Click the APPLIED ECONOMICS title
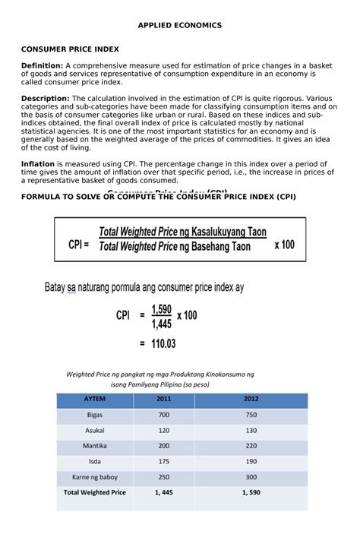coord(180,25)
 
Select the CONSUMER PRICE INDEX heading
coord(70,49)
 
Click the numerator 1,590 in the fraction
coord(161,308)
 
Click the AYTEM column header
coord(95,400)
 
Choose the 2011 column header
coord(164,400)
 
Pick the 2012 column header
coord(251,400)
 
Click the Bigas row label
coord(95,415)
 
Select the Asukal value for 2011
coord(164,430)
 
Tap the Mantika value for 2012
coord(251,446)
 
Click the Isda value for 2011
coord(164,461)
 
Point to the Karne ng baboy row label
coord(95,477)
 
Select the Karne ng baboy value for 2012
coord(251,477)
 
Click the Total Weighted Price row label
coord(95,492)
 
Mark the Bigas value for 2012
coord(251,415)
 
